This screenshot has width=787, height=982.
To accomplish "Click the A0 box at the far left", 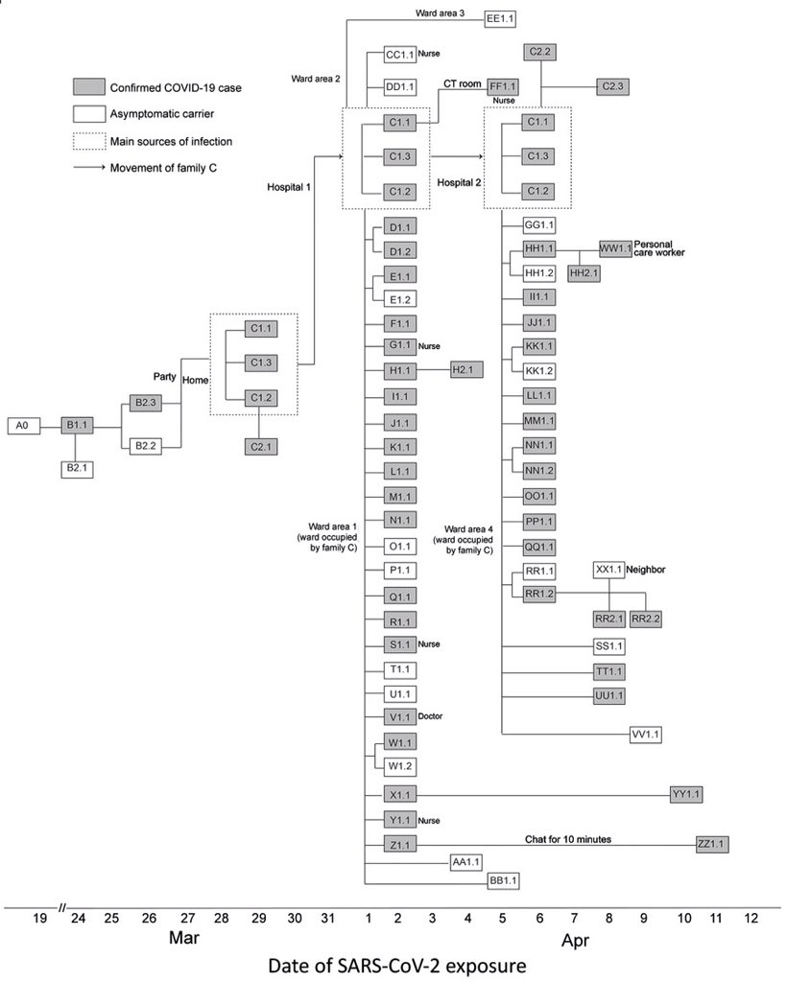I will click(24, 424).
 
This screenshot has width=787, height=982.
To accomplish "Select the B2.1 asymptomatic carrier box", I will click(76, 468).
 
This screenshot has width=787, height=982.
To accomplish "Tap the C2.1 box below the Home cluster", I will click(260, 446).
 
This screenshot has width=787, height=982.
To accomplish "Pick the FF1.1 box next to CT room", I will click(503, 86).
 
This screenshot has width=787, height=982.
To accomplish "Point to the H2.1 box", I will click(466, 370).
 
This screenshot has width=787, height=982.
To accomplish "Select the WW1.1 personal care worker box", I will click(615, 248).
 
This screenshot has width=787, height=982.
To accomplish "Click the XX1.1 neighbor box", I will click(609, 571).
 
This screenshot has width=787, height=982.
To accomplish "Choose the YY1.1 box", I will click(687, 794).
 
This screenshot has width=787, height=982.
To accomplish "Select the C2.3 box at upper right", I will click(613, 87).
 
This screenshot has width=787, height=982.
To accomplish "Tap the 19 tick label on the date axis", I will click(39, 917).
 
